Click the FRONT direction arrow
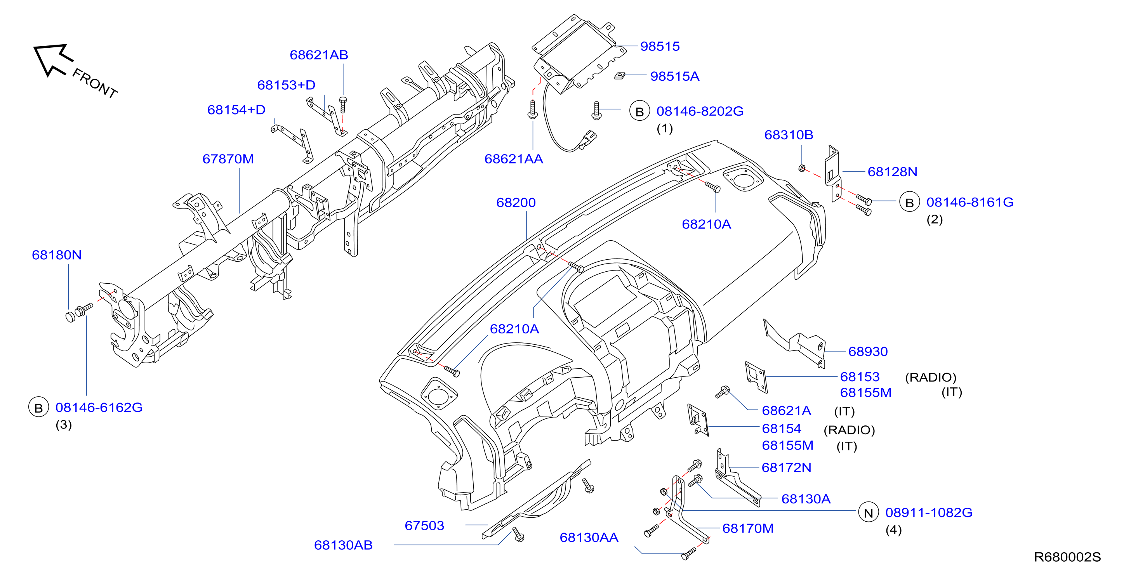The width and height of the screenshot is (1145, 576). coord(52,60)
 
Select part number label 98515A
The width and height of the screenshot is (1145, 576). coord(674,76)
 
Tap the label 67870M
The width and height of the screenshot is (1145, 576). coord(228,159)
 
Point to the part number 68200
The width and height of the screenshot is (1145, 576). coord(516,203)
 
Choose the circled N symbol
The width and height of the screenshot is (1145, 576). coord(868,513)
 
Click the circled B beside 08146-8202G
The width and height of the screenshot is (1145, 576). coord(639,111)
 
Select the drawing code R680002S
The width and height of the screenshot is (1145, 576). coord(1067,557)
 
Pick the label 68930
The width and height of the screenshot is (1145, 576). coord(868,352)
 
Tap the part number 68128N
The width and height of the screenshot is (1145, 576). coord(892,172)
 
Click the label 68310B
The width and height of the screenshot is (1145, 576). coord(789,135)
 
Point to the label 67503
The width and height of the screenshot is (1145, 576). coord(424,526)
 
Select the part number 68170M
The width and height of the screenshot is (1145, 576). coord(748,528)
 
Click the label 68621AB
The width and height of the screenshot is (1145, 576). coord(319,55)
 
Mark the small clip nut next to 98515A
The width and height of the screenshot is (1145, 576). coord(620,76)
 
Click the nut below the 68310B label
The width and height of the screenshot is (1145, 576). coord(801,168)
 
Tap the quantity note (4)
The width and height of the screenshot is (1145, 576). coord(893,530)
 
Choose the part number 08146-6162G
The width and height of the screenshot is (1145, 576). coord(99,408)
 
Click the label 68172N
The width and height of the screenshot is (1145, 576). coord(786,468)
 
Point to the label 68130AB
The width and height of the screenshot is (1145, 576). coord(343,545)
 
